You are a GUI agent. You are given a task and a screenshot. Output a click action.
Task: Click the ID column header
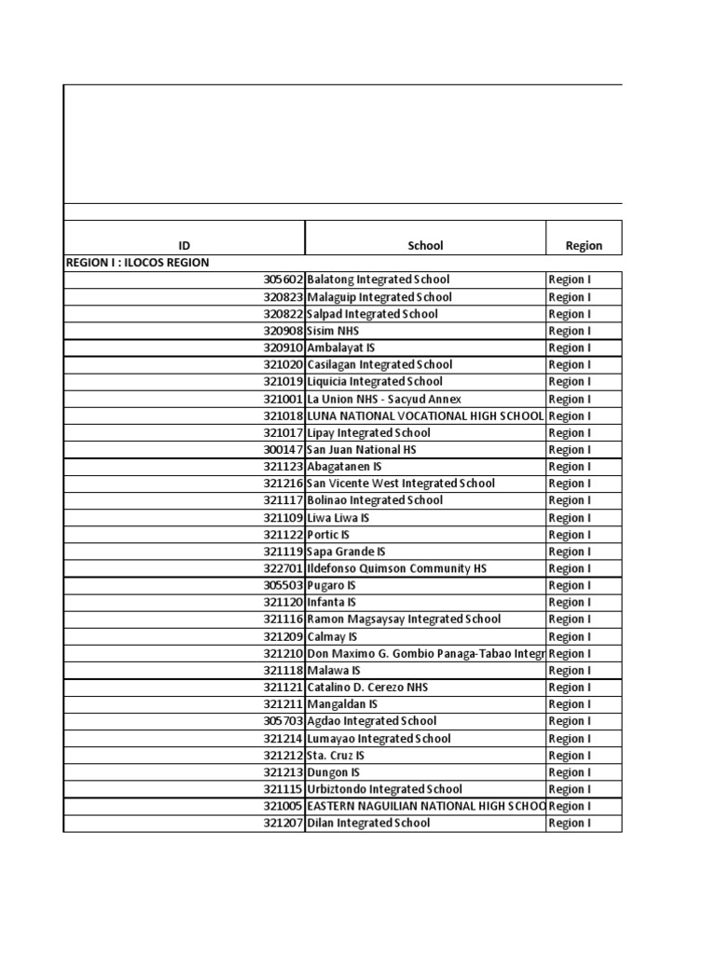tap(184, 246)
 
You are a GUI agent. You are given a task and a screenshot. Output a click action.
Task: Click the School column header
tap(425, 246)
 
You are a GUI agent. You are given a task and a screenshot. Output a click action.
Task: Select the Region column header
tap(584, 246)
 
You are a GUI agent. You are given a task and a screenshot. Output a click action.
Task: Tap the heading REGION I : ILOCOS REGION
tap(138, 263)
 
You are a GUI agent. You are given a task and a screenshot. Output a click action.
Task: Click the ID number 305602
tap(283, 279)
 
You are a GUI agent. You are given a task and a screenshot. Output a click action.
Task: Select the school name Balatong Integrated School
tap(379, 279)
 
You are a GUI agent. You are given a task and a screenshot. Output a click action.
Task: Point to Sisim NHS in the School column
tap(333, 331)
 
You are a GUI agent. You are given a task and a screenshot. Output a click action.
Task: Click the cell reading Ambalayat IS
tap(341, 348)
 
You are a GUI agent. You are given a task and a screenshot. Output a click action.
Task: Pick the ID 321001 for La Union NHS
tap(283, 399)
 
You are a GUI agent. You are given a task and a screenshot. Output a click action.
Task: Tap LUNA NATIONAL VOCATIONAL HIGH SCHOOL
tap(425, 416)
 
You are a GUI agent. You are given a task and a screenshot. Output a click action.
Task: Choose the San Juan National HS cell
tap(362, 449)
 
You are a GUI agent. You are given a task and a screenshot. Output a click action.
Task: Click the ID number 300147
tap(283, 449)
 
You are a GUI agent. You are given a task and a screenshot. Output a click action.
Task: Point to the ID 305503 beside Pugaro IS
tap(283, 585)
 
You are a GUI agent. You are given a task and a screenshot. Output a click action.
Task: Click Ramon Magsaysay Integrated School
tap(404, 619)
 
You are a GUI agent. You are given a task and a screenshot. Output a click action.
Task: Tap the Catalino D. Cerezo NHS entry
tap(367, 687)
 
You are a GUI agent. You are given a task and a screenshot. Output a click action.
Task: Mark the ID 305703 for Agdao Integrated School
tap(283, 721)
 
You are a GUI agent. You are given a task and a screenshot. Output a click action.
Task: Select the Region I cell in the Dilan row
tap(570, 823)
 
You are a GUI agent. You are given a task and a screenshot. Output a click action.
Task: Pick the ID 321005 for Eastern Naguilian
tap(283, 806)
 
